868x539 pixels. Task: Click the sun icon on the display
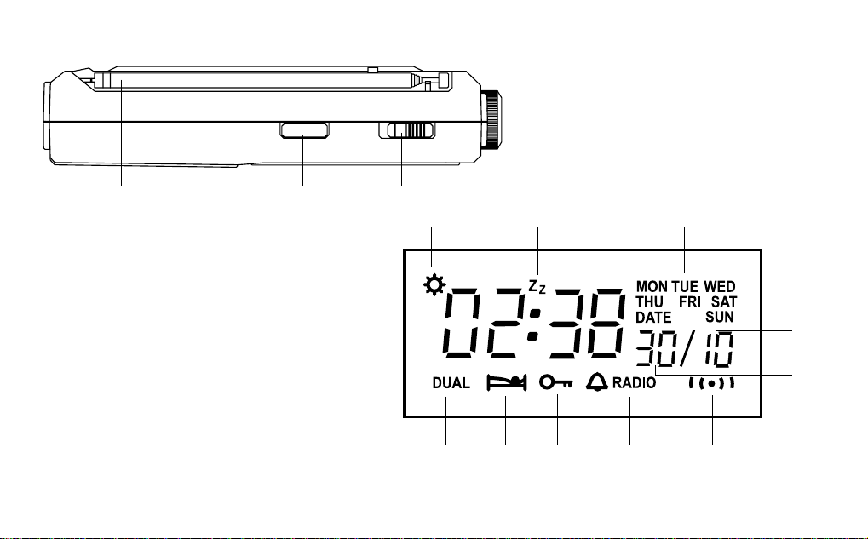pyautogui.click(x=434, y=285)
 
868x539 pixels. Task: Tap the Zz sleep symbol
pyautogui.click(x=537, y=287)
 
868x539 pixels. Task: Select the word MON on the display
pyautogui.click(x=652, y=287)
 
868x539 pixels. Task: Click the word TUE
pyautogui.click(x=686, y=287)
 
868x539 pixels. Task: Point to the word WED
pyautogui.click(x=720, y=287)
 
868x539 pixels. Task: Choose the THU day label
pyautogui.click(x=649, y=302)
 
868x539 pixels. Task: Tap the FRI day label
pyautogui.click(x=690, y=302)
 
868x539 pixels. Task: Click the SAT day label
pyautogui.click(x=724, y=302)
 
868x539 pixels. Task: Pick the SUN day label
pyautogui.click(x=720, y=317)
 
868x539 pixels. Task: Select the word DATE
pyautogui.click(x=653, y=318)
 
